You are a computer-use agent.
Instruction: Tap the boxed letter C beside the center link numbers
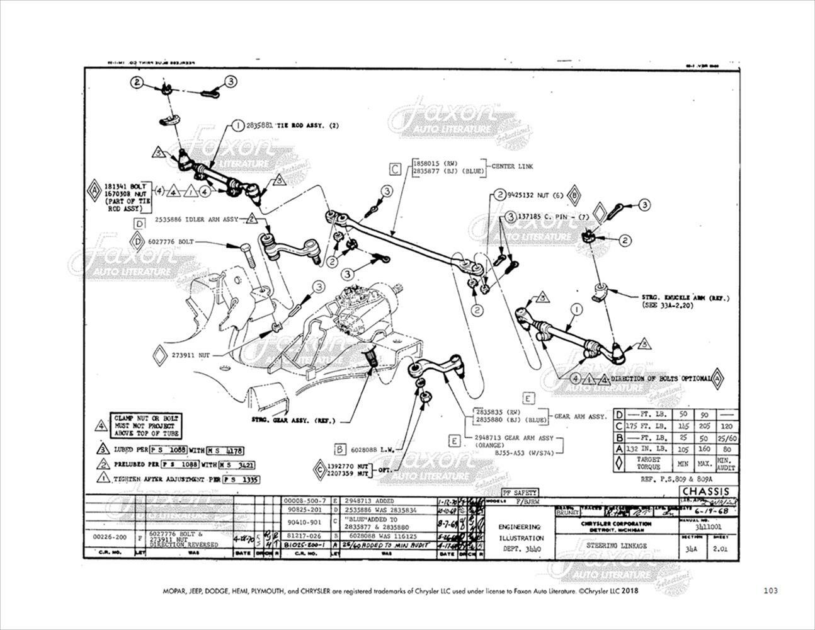[395, 169]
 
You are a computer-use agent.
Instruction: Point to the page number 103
[770, 591]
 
